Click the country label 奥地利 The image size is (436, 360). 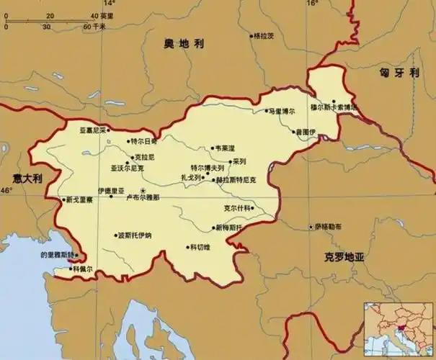(x=183, y=45)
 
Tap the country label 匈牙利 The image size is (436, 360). (x=400, y=72)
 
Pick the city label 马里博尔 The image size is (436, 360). (x=283, y=112)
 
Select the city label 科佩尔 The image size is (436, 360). (x=81, y=269)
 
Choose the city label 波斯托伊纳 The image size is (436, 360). (x=135, y=235)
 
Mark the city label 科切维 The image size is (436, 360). (x=200, y=247)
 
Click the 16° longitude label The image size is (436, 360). (x=312, y=4)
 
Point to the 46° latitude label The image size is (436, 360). (x=6, y=190)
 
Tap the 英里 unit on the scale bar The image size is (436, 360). (x=107, y=15)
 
